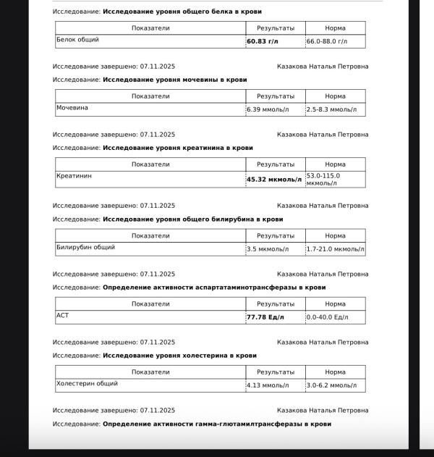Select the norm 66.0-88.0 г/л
(x=332, y=42)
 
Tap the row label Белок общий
(x=78, y=40)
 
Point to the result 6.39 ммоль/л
(x=268, y=110)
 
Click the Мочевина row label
(x=72, y=108)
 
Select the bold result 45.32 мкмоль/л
(x=274, y=180)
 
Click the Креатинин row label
(x=75, y=176)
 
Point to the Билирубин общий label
(x=85, y=247)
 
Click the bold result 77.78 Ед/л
(x=265, y=317)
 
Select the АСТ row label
(x=63, y=315)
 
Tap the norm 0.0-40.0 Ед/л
(x=327, y=317)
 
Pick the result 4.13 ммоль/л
(x=268, y=385)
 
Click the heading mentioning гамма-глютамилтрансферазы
(x=217, y=424)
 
